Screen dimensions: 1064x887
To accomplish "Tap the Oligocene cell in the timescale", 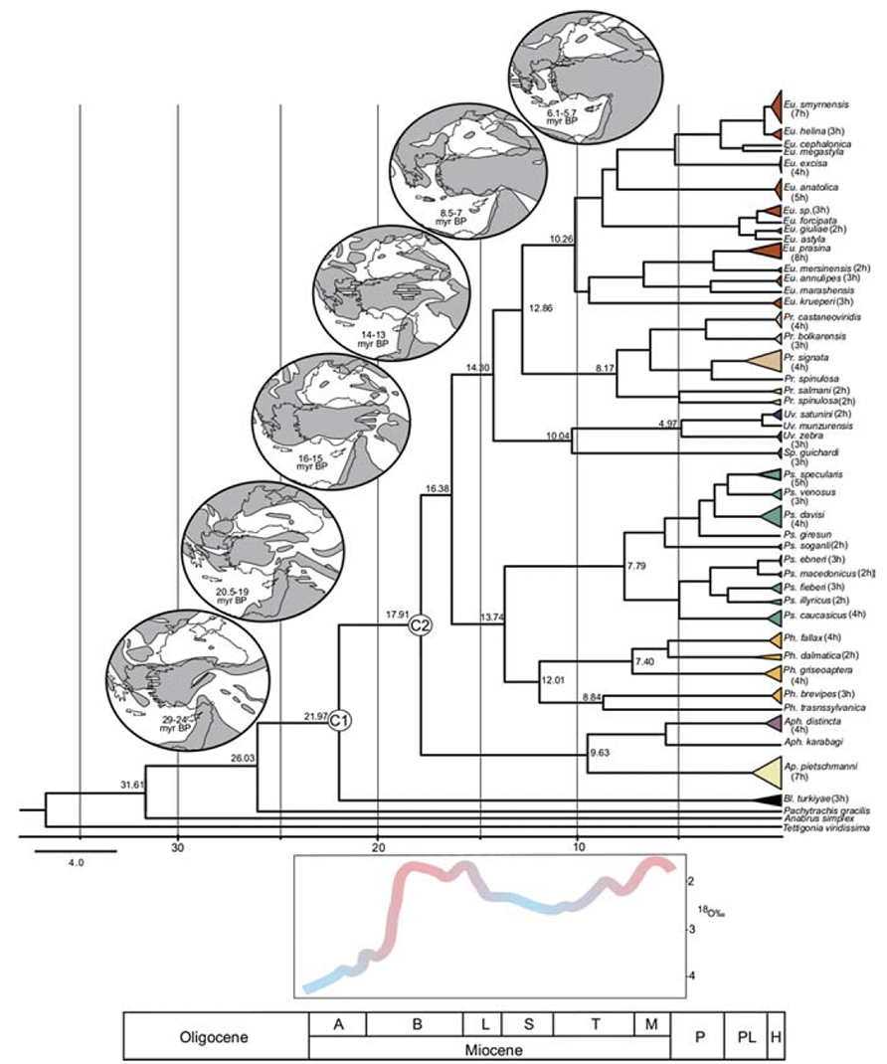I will point(215,1035).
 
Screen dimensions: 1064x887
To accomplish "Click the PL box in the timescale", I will point(745,1035).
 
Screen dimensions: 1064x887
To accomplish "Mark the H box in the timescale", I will point(775,1035).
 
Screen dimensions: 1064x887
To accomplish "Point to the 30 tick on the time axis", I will point(178,847).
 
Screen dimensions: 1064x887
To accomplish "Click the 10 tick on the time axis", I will point(578,847).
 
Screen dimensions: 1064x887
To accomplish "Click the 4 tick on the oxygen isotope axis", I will point(691,975).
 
